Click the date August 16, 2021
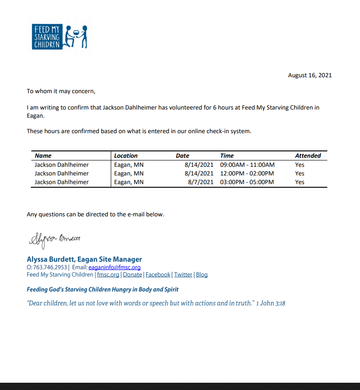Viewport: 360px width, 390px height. [x=310, y=75]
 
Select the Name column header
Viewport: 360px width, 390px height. [x=43, y=155]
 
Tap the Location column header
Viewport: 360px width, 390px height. [x=126, y=155]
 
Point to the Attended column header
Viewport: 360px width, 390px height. [x=308, y=155]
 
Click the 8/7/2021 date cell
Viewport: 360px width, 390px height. [x=200, y=182]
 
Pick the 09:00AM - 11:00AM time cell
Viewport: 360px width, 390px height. [x=247, y=165]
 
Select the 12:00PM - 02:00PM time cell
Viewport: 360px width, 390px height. [x=247, y=173]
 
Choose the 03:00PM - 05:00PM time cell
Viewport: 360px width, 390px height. [x=247, y=182]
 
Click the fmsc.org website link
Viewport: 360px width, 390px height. [x=108, y=275]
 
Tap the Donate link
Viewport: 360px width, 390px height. [x=133, y=275]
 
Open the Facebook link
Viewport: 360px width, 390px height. [x=158, y=275]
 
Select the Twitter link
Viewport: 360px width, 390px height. [x=183, y=275]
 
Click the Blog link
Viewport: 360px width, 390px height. [x=202, y=275]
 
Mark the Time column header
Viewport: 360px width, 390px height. [x=227, y=155]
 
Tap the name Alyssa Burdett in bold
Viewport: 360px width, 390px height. [x=51, y=259]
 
